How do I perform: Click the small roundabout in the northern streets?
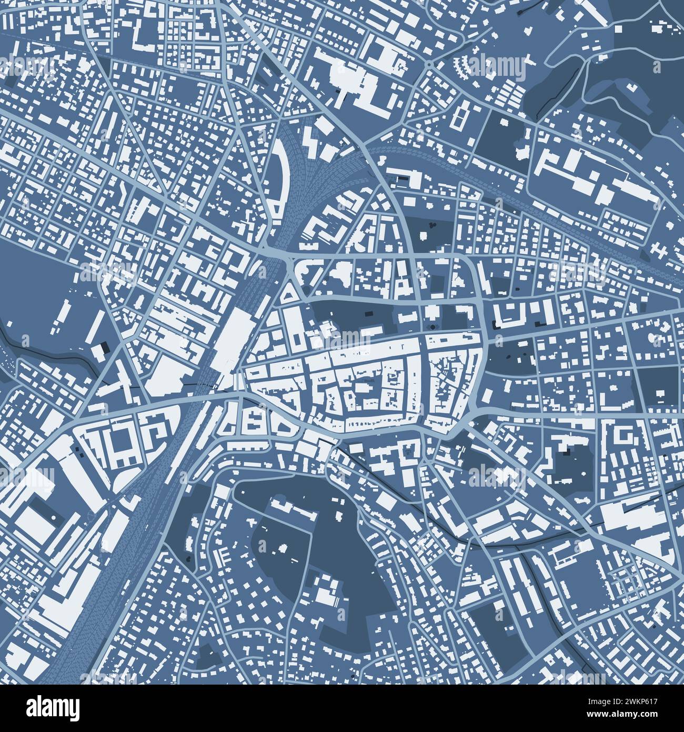click(x=429, y=64)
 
